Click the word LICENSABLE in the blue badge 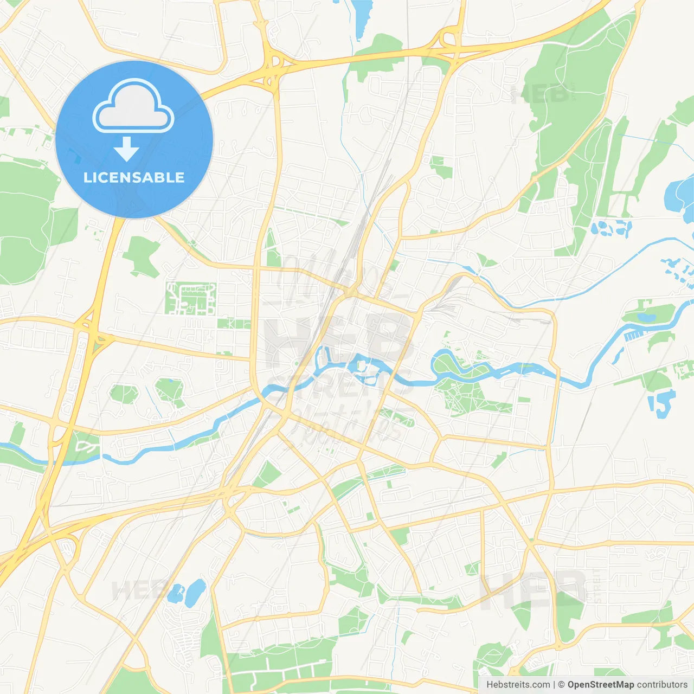click(x=134, y=177)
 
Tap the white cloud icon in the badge click(x=133, y=107)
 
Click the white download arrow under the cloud click(x=126, y=149)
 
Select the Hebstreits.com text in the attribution click(x=518, y=685)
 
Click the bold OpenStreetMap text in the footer click(x=600, y=685)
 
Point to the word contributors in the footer click(x=662, y=685)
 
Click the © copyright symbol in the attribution click(x=561, y=685)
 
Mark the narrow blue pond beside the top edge click(x=362, y=16)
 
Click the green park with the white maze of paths click(x=190, y=298)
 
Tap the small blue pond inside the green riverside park click(x=645, y=317)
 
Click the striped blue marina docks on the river click(x=632, y=336)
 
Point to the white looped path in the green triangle click(x=85, y=446)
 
